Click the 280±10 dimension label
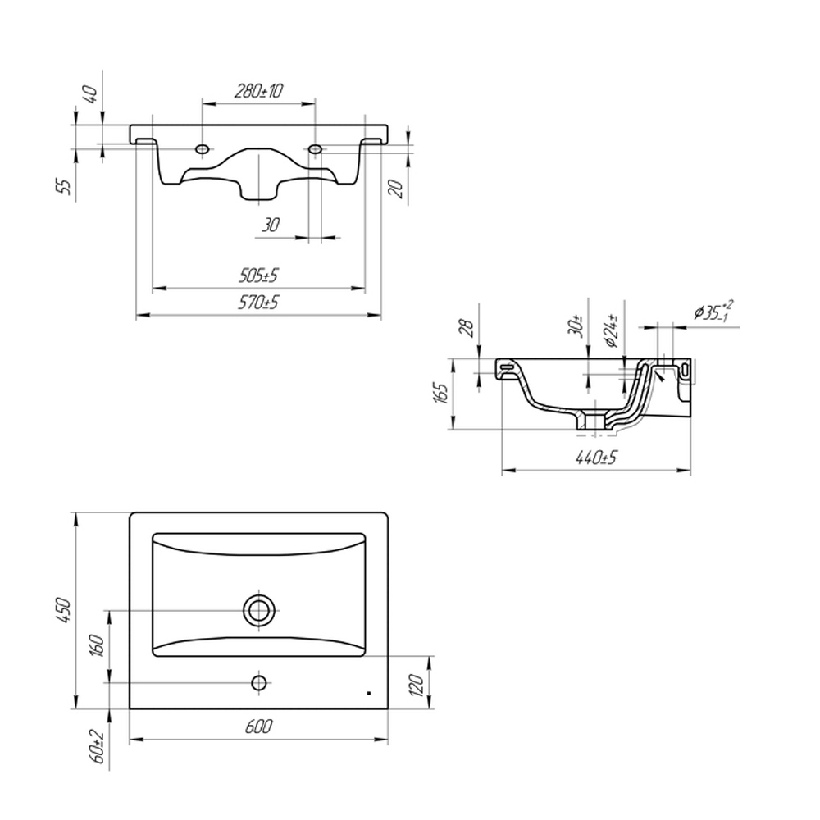coord(258,91)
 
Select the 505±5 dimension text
coord(258,275)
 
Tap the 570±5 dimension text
coord(258,303)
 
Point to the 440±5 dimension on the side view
coord(596,458)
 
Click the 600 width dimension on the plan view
coord(258,727)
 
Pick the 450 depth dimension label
coord(63,610)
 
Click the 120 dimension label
coord(416,685)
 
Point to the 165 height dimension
coord(441,393)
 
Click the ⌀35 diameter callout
coord(713,311)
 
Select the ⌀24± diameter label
coord(612,331)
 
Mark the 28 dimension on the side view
coord(468,328)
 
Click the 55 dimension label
coord(63,186)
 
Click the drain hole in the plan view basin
coord(259,610)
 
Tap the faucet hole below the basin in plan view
coord(259,682)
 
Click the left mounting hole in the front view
coord(203,149)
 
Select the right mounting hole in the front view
coord(315,149)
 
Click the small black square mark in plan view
coord(369,694)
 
